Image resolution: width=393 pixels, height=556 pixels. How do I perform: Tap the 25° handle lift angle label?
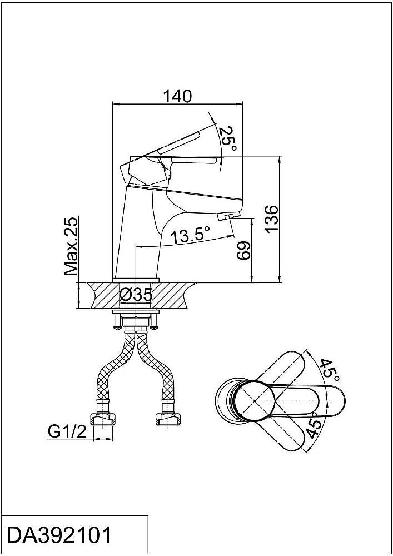(x=227, y=138)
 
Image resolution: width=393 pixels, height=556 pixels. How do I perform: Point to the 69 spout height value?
(x=243, y=251)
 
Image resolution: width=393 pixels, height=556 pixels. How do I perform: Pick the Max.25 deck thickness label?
(x=71, y=246)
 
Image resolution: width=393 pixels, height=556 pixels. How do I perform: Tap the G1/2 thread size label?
(x=67, y=431)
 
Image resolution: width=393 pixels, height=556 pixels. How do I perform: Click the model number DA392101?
(x=59, y=535)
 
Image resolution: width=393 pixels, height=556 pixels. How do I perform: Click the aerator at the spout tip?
(x=228, y=216)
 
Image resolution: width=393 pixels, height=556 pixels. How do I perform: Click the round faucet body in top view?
(x=255, y=401)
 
